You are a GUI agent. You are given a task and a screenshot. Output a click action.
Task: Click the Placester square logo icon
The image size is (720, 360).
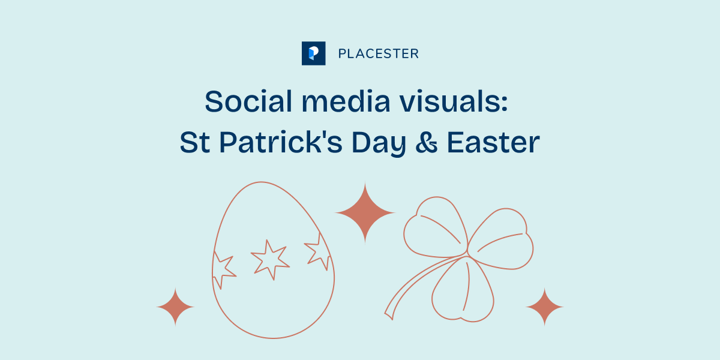313,53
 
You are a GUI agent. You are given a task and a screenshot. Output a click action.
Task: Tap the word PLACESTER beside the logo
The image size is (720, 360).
378,54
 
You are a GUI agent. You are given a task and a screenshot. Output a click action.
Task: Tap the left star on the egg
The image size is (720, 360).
223,271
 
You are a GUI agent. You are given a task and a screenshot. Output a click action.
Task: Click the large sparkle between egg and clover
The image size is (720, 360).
365,212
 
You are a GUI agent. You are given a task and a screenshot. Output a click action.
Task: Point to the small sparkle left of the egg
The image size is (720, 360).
175,307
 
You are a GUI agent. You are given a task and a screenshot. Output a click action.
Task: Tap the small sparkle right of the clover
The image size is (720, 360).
545,307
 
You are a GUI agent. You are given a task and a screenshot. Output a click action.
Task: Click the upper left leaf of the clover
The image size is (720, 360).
432,225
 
